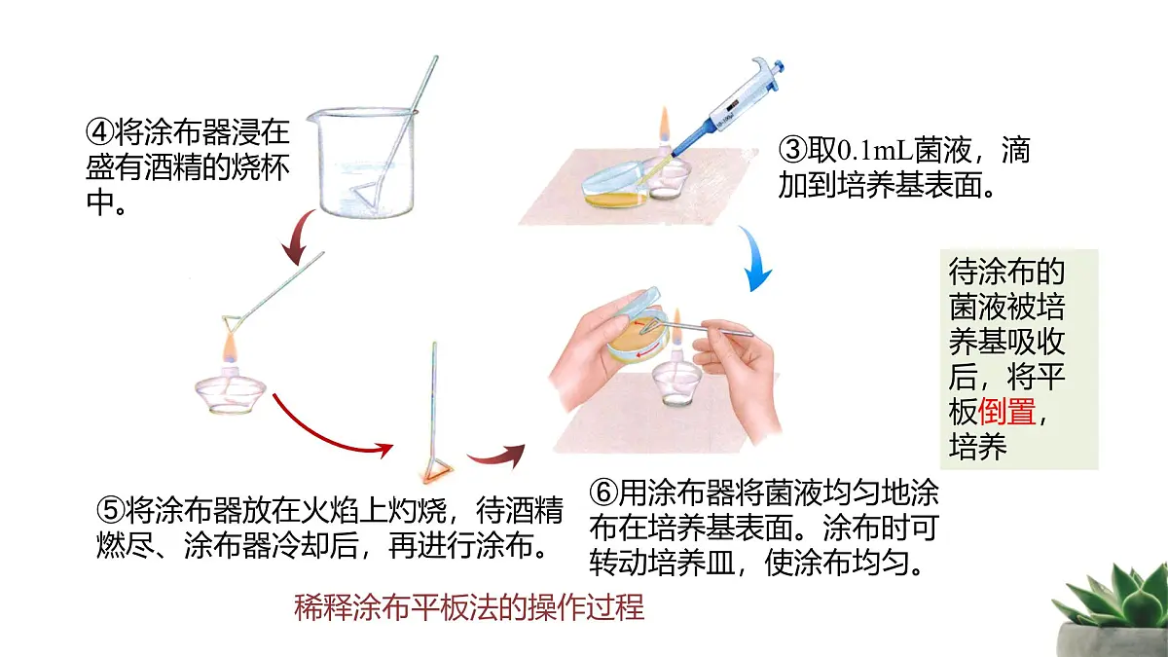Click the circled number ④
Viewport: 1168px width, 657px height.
pos(100,132)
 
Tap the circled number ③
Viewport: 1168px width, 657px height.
pos(792,150)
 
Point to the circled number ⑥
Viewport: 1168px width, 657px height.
pos(603,493)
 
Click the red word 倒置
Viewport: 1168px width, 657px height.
pos(1006,412)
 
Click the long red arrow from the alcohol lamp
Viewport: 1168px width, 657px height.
pos(331,433)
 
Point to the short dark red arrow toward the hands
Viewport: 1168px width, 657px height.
pos(497,456)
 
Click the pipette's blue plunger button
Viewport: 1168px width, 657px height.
pos(779,67)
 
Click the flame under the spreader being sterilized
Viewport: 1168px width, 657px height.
pos(229,348)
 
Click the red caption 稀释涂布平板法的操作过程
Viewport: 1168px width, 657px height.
pos(469,607)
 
